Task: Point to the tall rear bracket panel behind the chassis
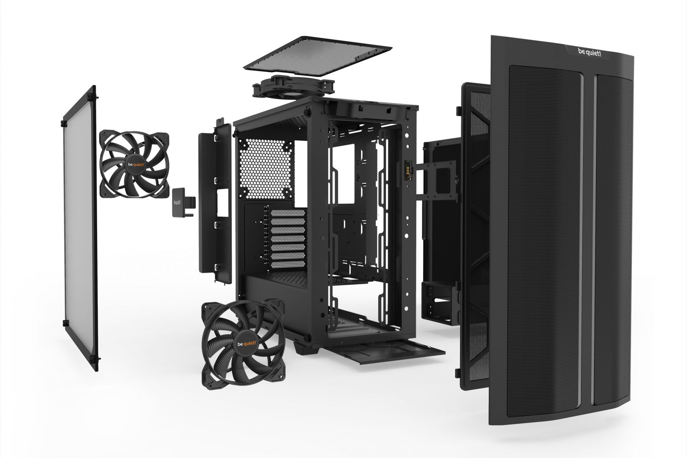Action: point(215,199)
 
